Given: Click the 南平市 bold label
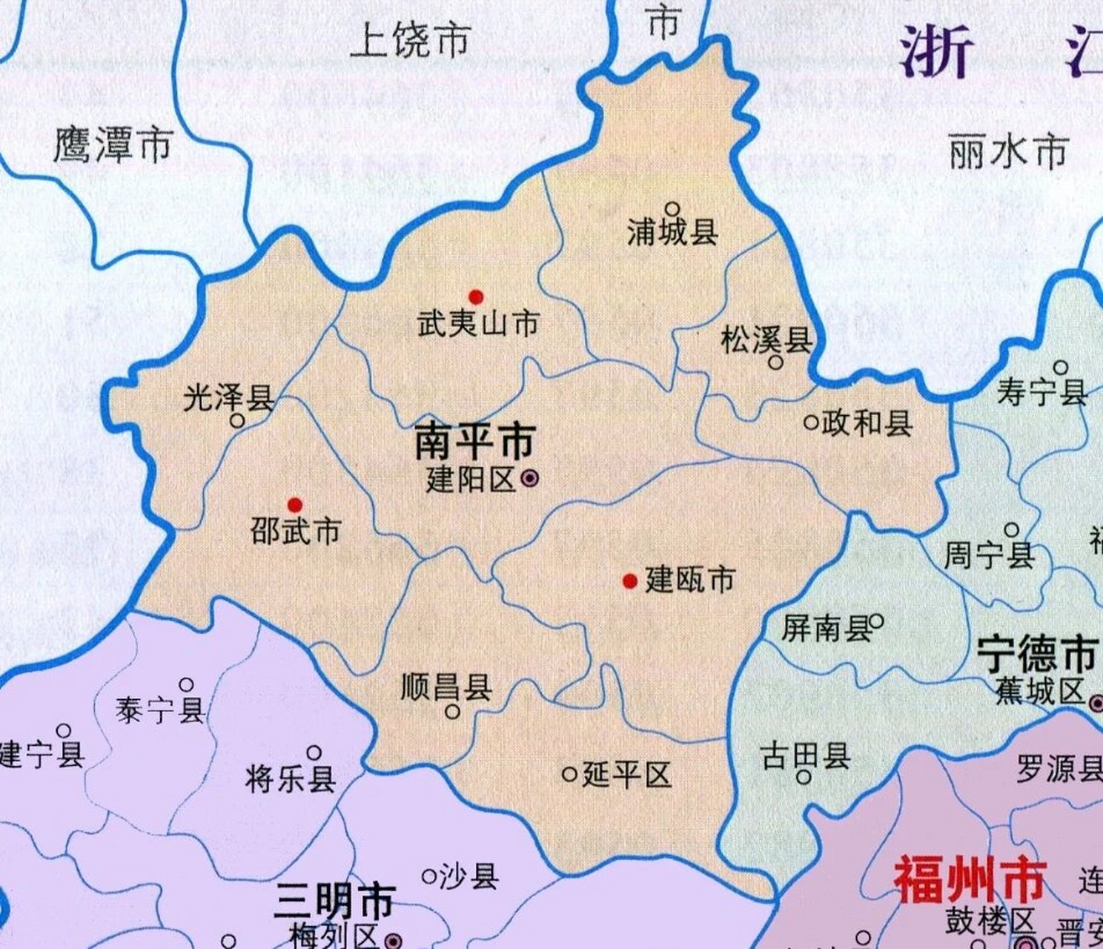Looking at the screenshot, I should click(x=474, y=443).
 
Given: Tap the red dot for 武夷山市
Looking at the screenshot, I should click(x=476, y=297).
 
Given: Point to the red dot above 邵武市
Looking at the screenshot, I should click(x=295, y=505).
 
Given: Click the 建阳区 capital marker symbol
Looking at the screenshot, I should click(x=529, y=479).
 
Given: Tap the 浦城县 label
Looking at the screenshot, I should click(x=672, y=233).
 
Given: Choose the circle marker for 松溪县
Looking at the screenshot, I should click(x=775, y=363).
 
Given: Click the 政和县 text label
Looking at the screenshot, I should click(x=867, y=423).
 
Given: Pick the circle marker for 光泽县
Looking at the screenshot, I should click(x=237, y=420).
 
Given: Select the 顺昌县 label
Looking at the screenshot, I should click(x=446, y=687).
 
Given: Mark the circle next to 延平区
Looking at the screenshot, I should click(x=569, y=775).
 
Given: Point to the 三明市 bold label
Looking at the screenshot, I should click(x=333, y=902).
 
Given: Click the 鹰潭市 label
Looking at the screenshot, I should click(x=113, y=145).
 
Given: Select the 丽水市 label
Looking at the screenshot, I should click(x=1009, y=152).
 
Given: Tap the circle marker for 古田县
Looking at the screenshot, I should click(x=804, y=777).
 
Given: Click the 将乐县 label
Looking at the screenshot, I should click(x=291, y=779).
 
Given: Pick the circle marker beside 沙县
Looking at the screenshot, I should click(x=428, y=877).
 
